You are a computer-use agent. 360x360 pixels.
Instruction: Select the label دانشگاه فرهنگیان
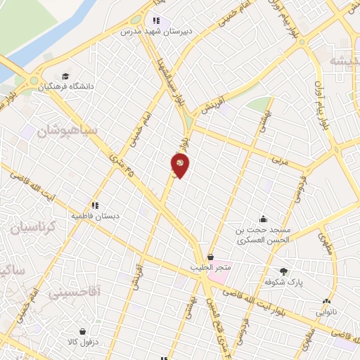89,86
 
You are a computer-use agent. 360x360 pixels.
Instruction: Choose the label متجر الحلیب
211,268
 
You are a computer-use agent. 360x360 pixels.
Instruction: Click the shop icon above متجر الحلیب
211,257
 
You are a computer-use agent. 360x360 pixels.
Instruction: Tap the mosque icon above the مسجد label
263,219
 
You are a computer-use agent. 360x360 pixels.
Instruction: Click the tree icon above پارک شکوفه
284,271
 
